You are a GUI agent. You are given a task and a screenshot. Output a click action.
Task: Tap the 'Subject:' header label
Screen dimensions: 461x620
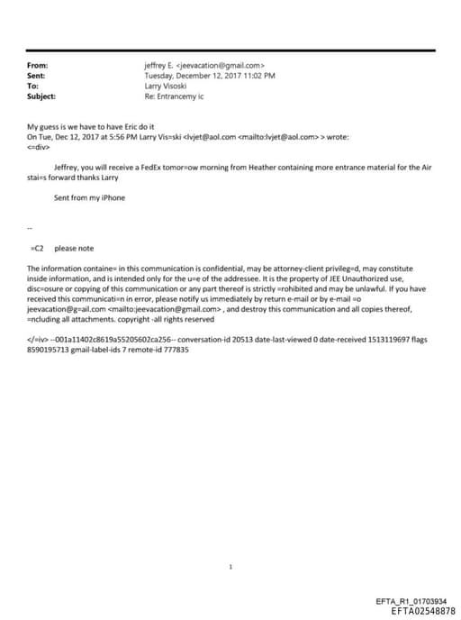pyautogui.click(x=42, y=96)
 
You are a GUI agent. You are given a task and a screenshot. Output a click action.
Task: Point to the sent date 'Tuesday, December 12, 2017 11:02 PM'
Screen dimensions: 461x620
pyautogui.click(x=210, y=76)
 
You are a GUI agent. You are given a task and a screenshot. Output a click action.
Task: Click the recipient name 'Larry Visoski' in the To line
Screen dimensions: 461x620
pyautogui.click(x=166, y=86)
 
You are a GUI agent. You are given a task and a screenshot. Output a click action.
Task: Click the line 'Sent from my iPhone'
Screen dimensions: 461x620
pyautogui.click(x=89, y=197)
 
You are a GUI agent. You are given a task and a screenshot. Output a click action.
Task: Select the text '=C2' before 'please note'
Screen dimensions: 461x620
pyautogui.click(x=38, y=248)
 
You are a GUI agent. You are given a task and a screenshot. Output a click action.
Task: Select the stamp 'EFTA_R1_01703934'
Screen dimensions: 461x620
pyautogui.click(x=411, y=600)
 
